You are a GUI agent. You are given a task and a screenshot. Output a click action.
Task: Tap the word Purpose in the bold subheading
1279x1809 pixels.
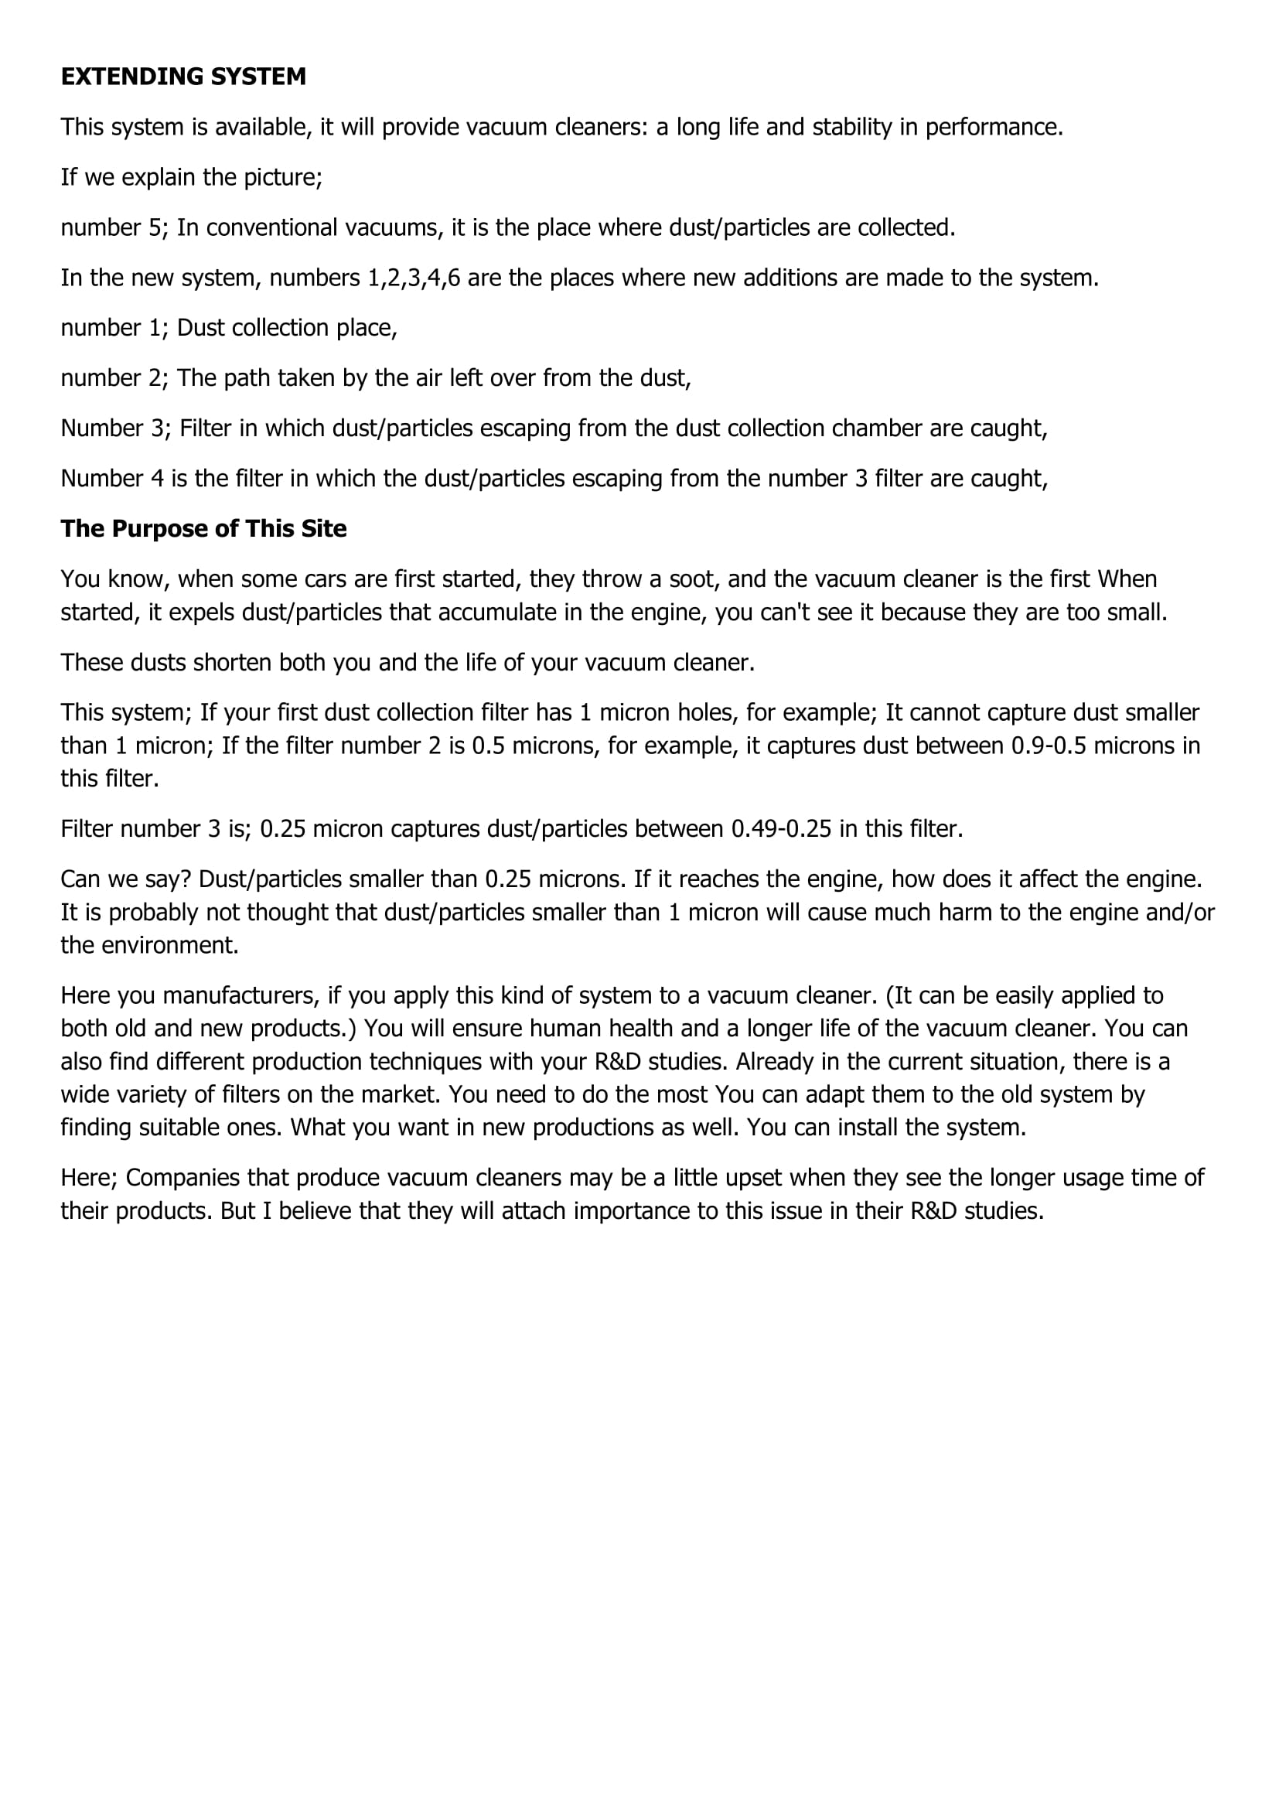[153, 529]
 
